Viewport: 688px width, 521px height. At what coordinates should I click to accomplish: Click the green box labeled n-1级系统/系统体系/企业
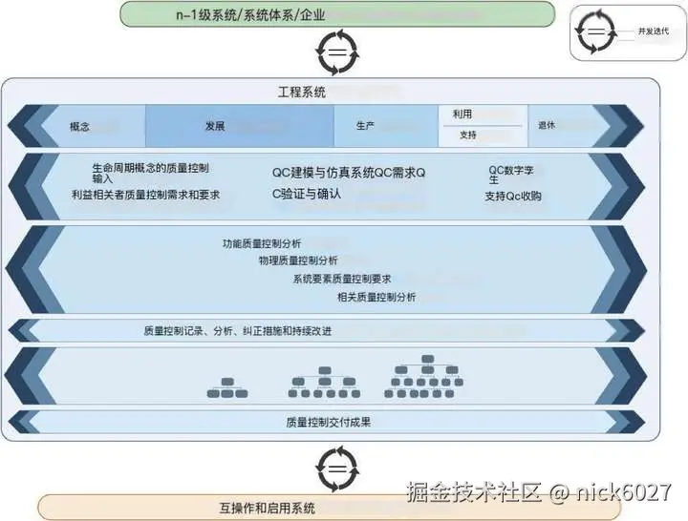pos(337,14)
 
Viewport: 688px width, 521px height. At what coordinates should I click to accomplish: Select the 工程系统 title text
pos(301,93)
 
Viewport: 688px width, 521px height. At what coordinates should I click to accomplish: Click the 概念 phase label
pos(79,126)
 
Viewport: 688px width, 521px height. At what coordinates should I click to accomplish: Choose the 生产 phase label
pos(365,126)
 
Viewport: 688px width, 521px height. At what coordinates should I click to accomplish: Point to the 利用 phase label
pos(462,114)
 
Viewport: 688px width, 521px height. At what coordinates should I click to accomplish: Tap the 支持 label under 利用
pos(467,135)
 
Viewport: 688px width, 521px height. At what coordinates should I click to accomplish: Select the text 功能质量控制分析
pos(261,243)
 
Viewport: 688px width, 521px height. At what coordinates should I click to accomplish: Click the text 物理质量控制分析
pos(297,260)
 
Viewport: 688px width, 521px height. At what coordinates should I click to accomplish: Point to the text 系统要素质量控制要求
pos(342,279)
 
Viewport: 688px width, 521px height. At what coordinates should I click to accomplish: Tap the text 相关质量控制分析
pos(376,297)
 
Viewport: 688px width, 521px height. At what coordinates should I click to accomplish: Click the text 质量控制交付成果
pos(328,422)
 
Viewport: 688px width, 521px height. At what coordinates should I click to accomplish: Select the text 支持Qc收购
pos(512,197)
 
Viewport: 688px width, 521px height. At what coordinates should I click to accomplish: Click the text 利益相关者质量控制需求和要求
pos(145,194)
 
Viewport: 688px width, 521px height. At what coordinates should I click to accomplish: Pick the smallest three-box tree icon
pos(227,386)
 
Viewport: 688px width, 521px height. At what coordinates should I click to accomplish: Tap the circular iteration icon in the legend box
pos(596,31)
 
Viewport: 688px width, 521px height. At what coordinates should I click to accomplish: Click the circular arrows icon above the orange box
pos(337,469)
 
